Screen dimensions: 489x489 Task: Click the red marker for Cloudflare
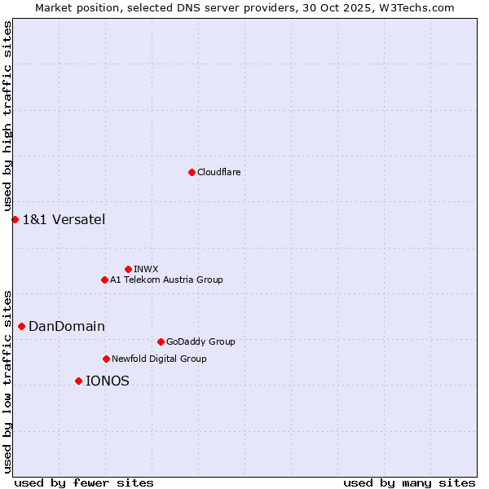click(192, 172)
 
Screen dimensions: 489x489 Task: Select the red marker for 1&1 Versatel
click(15, 219)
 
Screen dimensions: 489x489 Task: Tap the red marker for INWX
click(128, 269)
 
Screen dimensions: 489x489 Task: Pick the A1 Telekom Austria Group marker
click(104, 280)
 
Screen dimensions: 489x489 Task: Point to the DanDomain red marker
click(21, 326)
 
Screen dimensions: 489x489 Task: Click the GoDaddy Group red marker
click(161, 341)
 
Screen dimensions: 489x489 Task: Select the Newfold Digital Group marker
click(106, 359)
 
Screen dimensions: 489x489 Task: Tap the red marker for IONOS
click(78, 381)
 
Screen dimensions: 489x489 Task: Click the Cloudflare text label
click(218, 172)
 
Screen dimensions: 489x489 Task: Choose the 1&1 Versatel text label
click(64, 219)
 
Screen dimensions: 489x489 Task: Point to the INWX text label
click(146, 269)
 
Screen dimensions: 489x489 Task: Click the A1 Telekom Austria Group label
click(166, 280)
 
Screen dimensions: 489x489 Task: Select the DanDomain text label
click(67, 326)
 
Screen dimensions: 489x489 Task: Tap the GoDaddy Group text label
click(200, 341)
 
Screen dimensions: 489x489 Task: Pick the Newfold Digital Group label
click(159, 359)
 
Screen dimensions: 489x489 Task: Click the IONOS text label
click(108, 381)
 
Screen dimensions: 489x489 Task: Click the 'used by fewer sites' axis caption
click(84, 482)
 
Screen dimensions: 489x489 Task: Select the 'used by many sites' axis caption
click(409, 482)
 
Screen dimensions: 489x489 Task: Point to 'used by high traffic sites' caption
click(8, 117)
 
